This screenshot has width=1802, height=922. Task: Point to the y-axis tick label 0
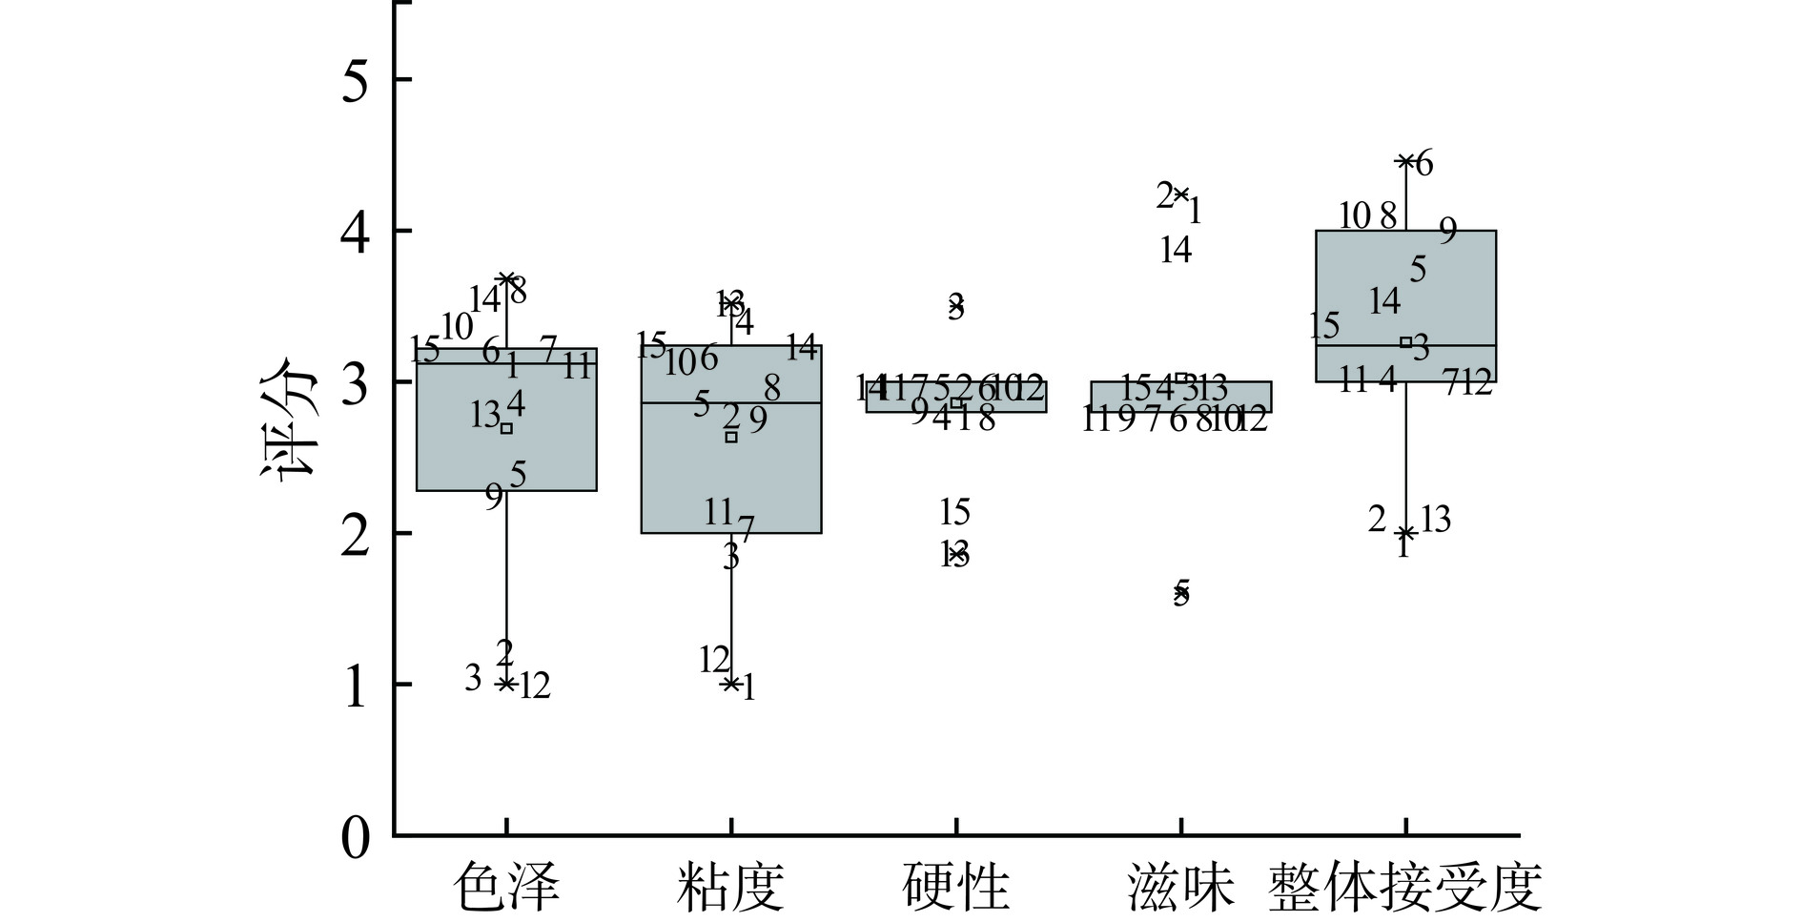(x=355, y=838)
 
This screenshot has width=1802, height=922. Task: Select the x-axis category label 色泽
(x=505, y=887)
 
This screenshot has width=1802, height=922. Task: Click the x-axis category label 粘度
(x=730, y=887)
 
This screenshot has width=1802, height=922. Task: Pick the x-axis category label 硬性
(x=955, y=887)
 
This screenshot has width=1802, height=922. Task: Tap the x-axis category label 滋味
(x=1180, y=887)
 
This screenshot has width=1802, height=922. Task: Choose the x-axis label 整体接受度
(x=1405, y=887)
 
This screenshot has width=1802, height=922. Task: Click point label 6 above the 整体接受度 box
(x=1423, y=164)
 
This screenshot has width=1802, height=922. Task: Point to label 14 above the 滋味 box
(x=1176, y=250)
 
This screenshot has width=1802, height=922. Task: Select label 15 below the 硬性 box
(x=954, y=513)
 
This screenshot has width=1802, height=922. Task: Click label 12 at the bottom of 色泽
(x=535, y=686)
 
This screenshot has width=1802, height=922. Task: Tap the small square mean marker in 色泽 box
(x=506, y=428)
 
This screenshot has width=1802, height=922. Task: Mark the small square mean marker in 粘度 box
(x=731, y=437)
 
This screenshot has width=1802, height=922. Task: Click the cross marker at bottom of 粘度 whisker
(x=731, y=684)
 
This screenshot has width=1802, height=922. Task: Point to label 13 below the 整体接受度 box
(x=1435, y=520)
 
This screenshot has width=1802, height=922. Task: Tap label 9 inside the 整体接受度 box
(x=1447, y=231)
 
